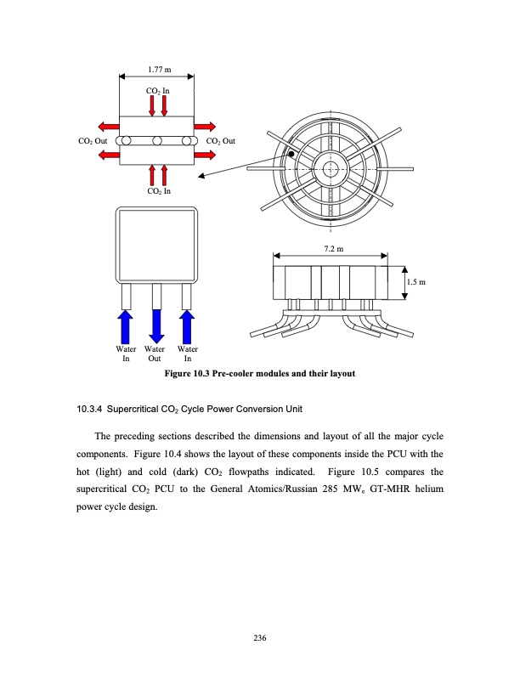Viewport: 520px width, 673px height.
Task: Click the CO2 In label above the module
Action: click(x=158, y=89)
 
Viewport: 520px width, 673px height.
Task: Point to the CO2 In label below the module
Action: click(x=158, y=191)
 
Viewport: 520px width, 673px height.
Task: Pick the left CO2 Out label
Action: click(x=88, y=141)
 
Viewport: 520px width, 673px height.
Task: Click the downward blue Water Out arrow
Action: click(x=156, y=326)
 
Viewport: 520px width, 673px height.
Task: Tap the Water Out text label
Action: click(x=155, y=354)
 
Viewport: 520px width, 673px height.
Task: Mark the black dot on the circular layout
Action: click(x=290, y=154)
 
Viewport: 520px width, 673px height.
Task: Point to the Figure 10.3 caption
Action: click(x=259, y=374)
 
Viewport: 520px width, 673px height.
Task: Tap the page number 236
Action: click(x=260, y=639)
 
